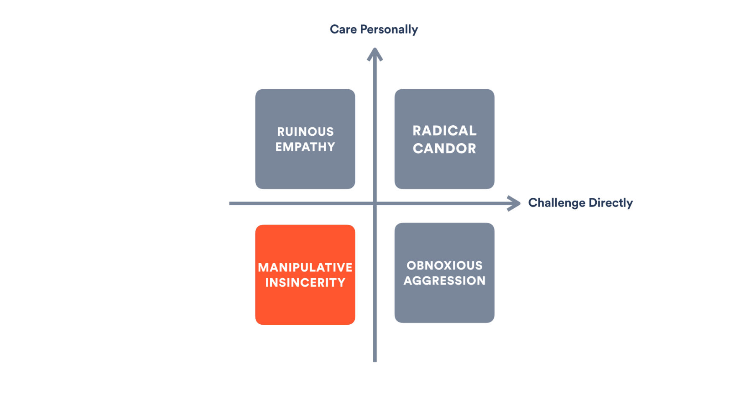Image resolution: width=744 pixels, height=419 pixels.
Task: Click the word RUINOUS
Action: pos(305,132)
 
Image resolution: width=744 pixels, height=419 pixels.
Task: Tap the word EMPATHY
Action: pos(305,147)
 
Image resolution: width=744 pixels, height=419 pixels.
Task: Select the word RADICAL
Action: pos(444,131)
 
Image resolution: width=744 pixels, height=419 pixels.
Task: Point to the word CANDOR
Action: pos(444,148)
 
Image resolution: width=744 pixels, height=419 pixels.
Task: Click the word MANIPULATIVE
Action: pos(305,267)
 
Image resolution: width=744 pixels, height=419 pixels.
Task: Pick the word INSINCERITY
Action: pos(305,282)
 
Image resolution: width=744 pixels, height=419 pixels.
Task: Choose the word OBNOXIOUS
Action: pos(444,265)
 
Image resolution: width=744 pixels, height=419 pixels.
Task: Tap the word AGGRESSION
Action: pos(444,280)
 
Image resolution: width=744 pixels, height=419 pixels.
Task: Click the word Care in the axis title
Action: pos(343,29)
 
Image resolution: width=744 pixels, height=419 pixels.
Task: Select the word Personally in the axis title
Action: pos(389,29)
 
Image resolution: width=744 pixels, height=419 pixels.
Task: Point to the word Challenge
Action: pos(557,203)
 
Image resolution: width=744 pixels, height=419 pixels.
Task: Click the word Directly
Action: pos(611,203)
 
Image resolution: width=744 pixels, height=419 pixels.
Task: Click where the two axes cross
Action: pos(375,204)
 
